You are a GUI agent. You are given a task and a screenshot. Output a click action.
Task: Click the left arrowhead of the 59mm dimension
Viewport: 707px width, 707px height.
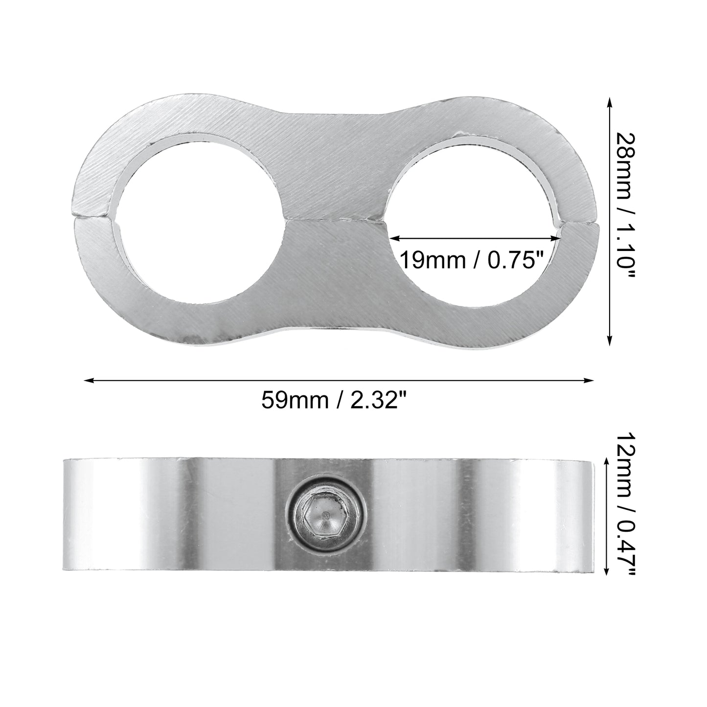coord(89,381)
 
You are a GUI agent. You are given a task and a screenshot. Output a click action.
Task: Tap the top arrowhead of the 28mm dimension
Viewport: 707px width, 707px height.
coord(610,102)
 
